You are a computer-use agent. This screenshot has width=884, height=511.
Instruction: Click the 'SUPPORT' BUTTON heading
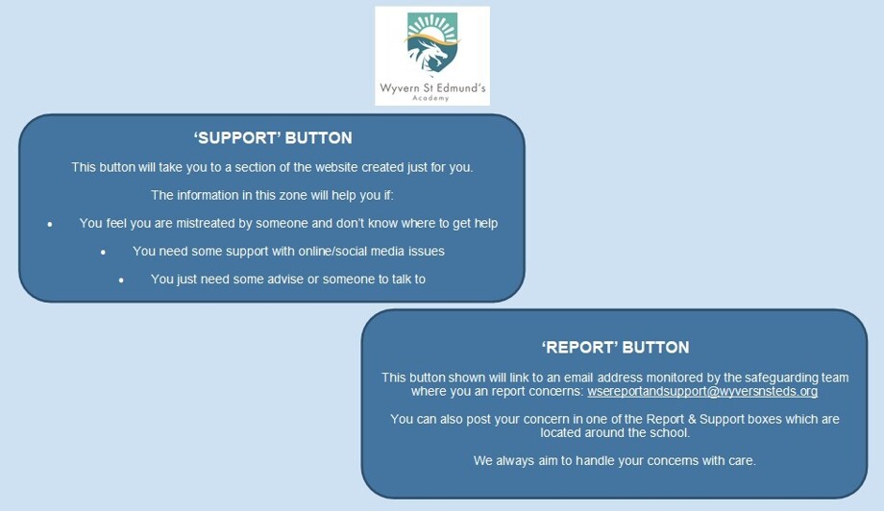coord(273,138)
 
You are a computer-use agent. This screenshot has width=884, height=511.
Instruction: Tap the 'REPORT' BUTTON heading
coord(615,347)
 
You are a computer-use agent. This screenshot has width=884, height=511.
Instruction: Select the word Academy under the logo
coord(430,98)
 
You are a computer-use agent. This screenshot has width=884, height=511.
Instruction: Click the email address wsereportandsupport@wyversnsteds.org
coord(702,392)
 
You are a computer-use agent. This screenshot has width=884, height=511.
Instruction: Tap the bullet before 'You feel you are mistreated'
coord(50,224)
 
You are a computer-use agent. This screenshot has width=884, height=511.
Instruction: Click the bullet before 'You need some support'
coord(103,253)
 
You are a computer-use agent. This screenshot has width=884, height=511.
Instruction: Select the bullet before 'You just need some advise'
coord(121,280)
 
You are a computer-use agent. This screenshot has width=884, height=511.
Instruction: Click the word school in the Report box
coord(671,432)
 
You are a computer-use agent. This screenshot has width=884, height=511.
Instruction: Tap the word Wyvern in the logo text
coord(400,88)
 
